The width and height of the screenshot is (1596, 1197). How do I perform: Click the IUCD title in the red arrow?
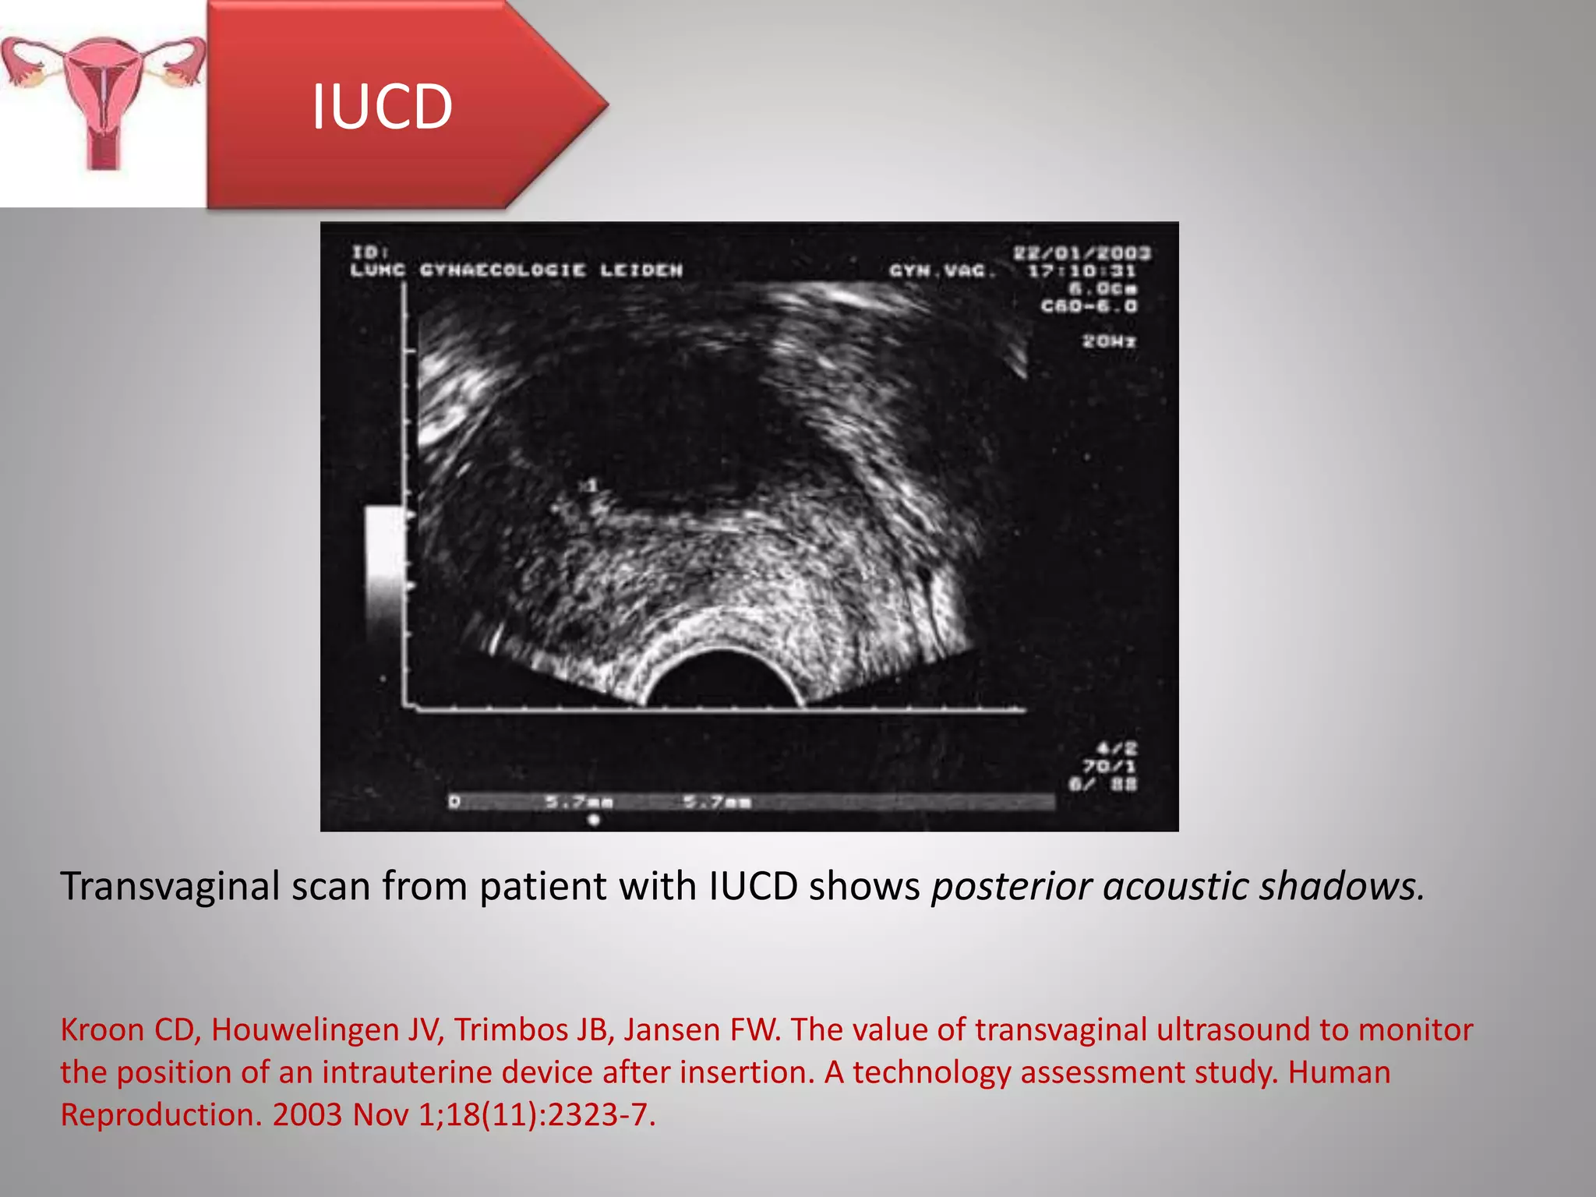point(382,107)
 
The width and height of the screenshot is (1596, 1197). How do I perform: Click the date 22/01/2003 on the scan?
point(1082,252)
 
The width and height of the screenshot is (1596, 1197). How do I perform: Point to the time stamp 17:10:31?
point(1082,271)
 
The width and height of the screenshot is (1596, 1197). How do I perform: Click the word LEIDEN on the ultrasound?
point(641,270)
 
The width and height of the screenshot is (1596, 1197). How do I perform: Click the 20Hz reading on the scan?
point(1108,341)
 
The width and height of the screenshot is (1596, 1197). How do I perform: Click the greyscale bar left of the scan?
point(384,573)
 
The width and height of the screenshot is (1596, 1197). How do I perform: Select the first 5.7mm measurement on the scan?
point(578,801)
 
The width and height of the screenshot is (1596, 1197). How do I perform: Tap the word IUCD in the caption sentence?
point(753,886)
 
